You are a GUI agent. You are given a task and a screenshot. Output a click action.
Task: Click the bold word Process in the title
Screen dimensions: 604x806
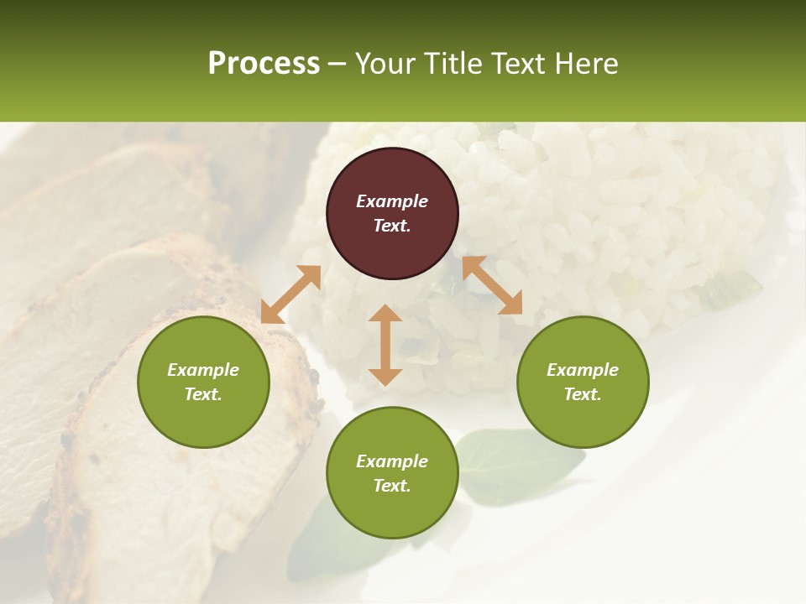coord(264,64)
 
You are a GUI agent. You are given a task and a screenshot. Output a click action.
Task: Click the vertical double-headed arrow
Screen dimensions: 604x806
coord(385,345)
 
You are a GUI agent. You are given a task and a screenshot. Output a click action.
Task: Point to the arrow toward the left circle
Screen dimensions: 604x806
coord(290,294)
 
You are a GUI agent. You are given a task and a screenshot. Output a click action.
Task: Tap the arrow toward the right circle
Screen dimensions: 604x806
coord(492,285)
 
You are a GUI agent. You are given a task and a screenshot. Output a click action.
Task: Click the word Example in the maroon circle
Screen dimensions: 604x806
coord(392,201)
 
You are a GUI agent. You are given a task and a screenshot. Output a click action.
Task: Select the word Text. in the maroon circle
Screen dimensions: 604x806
coord(392,226)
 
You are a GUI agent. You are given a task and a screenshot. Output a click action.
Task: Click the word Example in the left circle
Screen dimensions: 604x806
coord(203,370)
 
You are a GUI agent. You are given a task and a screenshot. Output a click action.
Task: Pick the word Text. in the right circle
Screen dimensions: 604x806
coord(583,394)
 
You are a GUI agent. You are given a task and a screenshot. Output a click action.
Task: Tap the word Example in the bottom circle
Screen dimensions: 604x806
coord(392,461)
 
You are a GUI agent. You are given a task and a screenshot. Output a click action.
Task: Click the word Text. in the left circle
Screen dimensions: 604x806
coord(203,394)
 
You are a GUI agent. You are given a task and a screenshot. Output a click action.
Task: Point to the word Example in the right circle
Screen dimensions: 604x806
coord(583,370)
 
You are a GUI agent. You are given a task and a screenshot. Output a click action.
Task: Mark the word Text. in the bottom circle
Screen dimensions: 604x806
coord(392,486)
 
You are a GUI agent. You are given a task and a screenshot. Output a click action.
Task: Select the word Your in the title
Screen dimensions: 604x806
coord(383,64)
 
